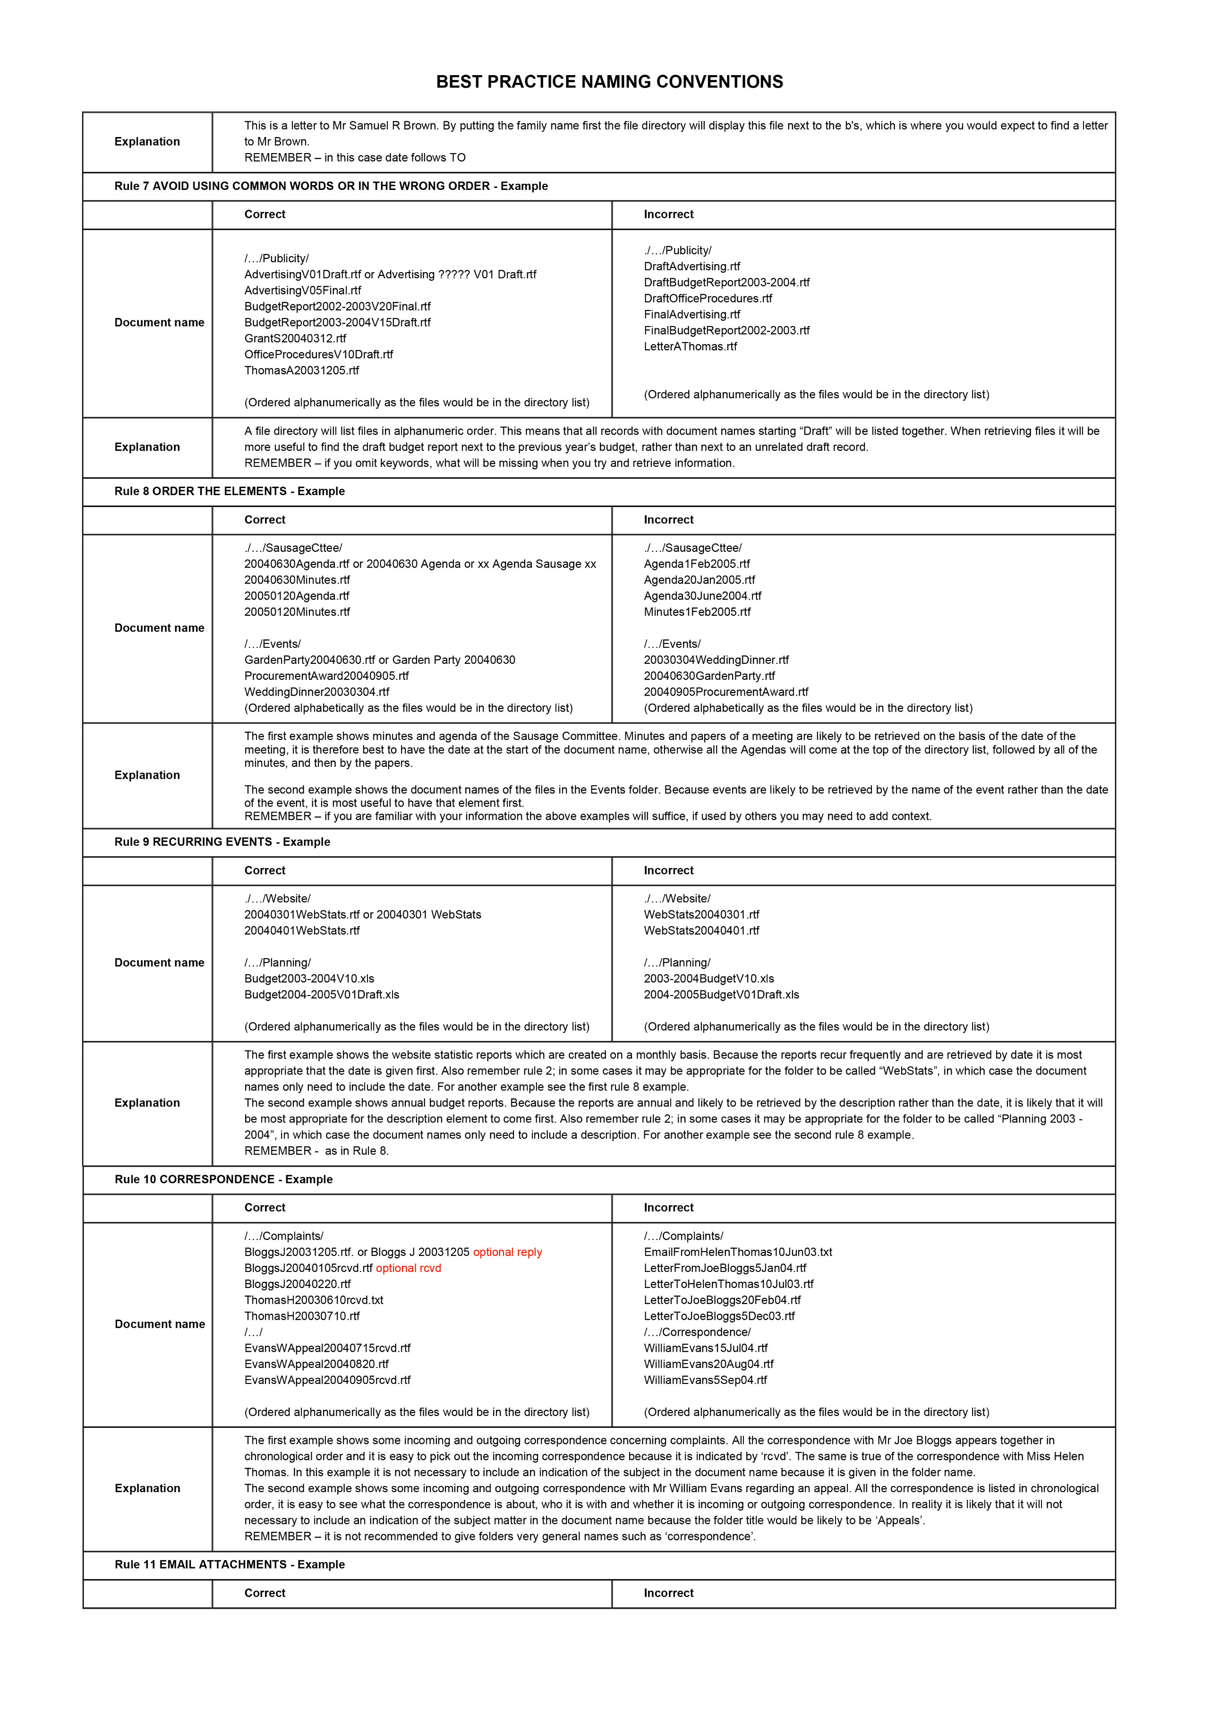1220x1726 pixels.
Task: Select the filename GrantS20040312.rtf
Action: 295,338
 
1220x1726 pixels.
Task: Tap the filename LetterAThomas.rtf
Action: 690,346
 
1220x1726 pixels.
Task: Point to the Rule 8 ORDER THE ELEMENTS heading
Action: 229,492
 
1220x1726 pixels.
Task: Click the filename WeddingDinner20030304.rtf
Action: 316,692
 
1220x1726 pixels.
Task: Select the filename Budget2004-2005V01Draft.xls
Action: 322,995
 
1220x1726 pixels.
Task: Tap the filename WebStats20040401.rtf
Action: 701,931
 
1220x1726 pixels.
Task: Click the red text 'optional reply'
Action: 507,1253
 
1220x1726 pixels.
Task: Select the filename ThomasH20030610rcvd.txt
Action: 314,1300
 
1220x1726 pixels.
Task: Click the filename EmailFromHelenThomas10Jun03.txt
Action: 737,1253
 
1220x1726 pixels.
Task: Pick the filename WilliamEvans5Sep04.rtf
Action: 705,1380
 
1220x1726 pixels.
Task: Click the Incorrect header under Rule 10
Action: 668,1208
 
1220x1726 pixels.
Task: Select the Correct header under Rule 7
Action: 264,214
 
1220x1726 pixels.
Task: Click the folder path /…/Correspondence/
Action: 697,1332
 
